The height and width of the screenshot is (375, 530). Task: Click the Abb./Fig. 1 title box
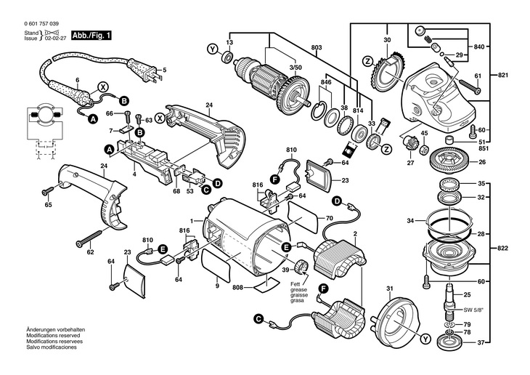pos(91,36)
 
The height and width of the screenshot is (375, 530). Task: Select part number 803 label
pos(317,48)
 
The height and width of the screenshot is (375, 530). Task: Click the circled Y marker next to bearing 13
pos(212,49)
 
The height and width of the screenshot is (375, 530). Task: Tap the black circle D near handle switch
pos(218,183)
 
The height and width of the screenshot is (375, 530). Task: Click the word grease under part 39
pos(299,291)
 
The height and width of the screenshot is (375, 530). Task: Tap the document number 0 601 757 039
pos(41,24)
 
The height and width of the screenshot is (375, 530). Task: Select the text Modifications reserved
pos(54,336)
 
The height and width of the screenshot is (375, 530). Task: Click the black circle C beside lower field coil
pos(258,319)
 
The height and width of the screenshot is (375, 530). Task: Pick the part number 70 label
pos(329,218)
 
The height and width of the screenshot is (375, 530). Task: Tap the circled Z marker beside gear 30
pos(367,62)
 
